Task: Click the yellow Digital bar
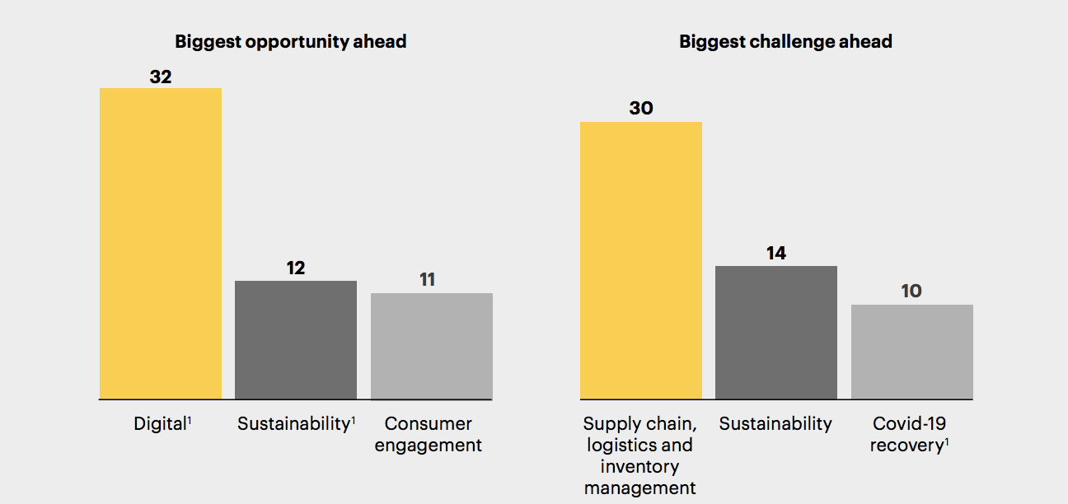click(x=161, y=243)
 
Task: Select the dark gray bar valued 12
click(x=296, y=339)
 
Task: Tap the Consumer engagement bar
click(x=432, y=346)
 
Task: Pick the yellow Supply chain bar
click(x=641, y=260)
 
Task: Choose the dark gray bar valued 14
click(x=776, y=332)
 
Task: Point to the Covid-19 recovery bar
click(x=911, y=352)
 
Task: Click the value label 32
click(x=161, y=77)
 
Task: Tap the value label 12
click(x=296, y=268)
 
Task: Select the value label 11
click(x=427, y=280)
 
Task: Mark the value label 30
click(x=641, y=109)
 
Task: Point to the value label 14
click(x=776, y=254)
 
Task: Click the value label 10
click(x=911, y=292)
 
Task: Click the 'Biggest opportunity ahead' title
click(x=291, y=41)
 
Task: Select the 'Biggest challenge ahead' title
click(x=785, y=41)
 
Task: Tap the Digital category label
click(x=161, y=424)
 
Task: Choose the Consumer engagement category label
click(x=433, y=435)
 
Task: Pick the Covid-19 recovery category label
click(x=910, y=435)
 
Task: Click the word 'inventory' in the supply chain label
click(x=639, y=467)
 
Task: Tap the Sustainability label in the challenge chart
click(x=775, y=424)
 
